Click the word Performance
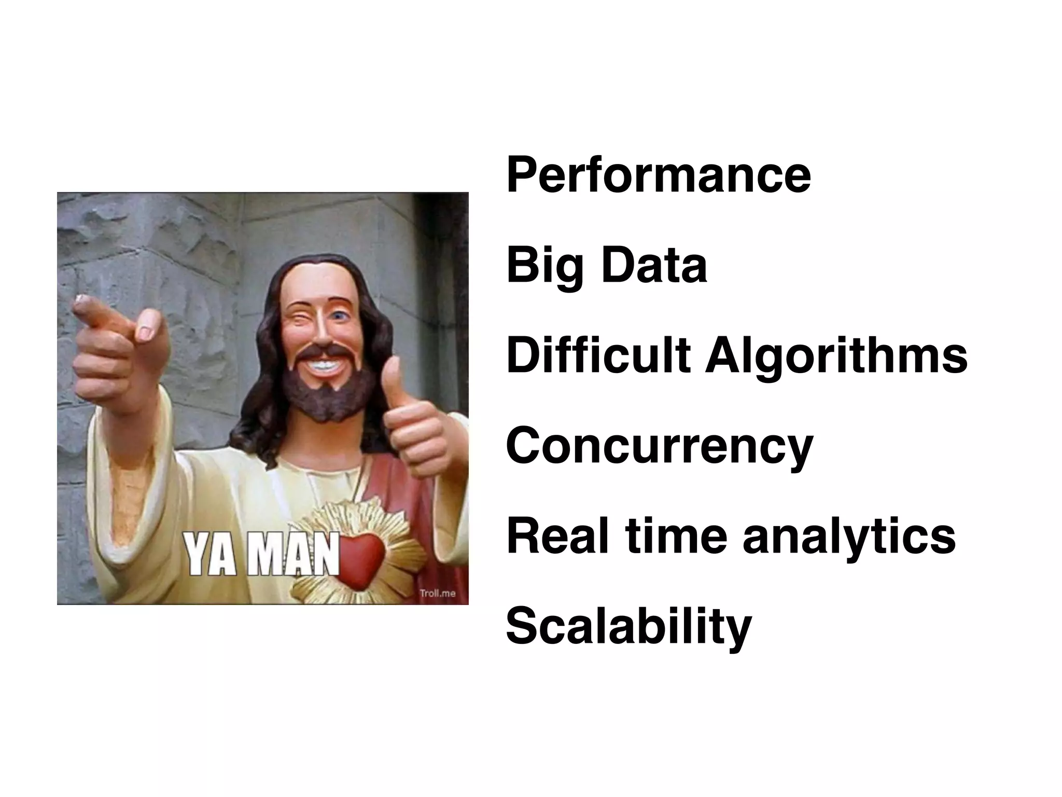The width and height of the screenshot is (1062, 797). coord(658,175)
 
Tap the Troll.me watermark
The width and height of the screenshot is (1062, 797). coord(437,593)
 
